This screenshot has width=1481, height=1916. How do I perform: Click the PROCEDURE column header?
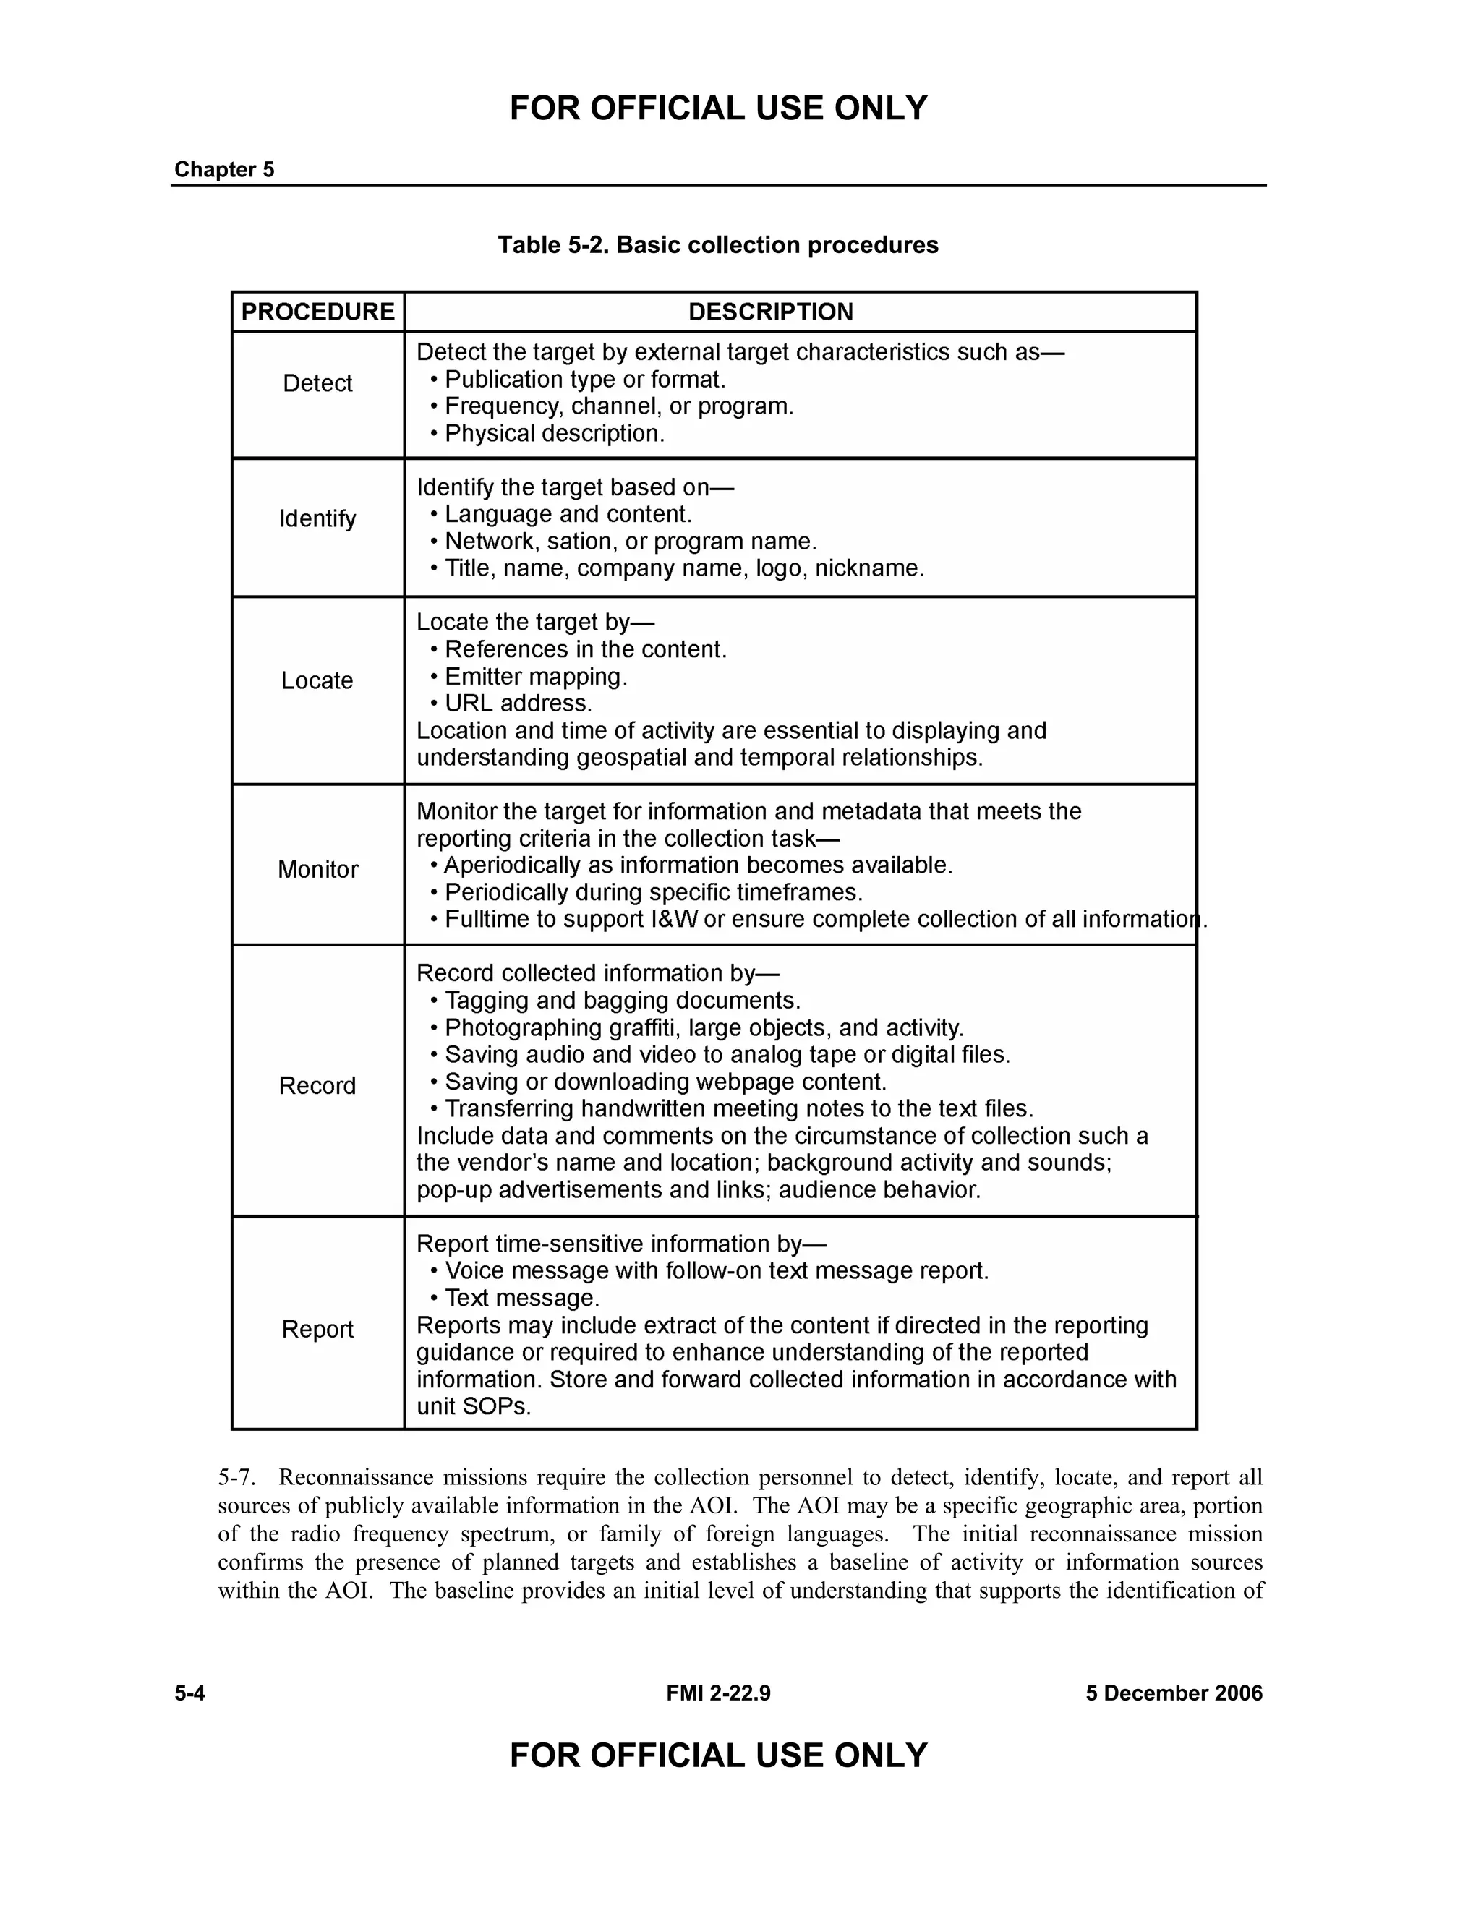click(317, 312)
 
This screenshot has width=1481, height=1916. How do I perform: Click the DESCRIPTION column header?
click(770, 312)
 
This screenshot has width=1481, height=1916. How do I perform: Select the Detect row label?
click(317, 382)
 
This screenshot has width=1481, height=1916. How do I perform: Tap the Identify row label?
click(317, 518)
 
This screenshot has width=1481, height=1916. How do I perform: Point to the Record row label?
click(317, 1085)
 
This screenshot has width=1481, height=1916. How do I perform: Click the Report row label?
click(317, 1329)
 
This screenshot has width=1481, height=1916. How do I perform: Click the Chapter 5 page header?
click(225, 169)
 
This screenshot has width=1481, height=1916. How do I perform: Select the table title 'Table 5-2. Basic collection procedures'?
click(717, 245)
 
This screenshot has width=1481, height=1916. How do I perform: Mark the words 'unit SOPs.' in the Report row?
click(474, 1406)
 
